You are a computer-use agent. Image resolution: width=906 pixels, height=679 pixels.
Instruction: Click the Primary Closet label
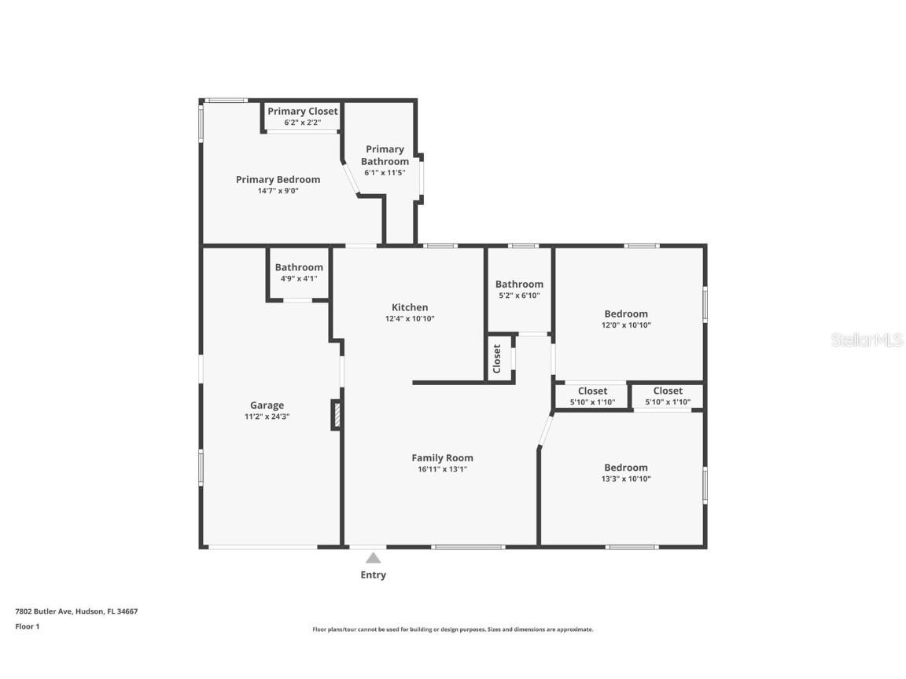tap(302, 112)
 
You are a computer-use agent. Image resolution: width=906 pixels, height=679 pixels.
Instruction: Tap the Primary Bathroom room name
tap(385, 155)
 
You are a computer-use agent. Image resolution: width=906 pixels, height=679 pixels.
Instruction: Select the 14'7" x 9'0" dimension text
tap(278, 190)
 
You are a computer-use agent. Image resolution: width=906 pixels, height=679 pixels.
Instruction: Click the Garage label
tap(267, 406)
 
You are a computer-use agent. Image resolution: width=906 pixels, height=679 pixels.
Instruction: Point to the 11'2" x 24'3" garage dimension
tap(267, 417)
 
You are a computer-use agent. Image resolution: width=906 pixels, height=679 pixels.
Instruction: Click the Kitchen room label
tap(410, 307)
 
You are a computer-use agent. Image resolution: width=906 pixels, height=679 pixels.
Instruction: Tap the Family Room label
tap(442, 458)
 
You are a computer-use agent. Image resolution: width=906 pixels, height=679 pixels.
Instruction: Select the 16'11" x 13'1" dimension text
tap(442, 469)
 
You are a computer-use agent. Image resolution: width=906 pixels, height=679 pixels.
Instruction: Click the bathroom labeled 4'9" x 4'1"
tap(298, 272)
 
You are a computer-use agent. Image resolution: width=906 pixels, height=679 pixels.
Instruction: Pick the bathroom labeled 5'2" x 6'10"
tap(519, 289)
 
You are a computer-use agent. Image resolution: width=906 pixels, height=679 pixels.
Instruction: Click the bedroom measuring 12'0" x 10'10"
tap(626, 318)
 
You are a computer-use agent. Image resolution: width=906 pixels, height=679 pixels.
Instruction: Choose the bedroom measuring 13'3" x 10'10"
tap(626, 472)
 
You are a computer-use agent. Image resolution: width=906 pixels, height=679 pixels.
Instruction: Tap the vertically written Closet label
tap(497, 359)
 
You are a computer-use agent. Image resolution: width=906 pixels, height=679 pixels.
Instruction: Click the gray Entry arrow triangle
tap(373, 558)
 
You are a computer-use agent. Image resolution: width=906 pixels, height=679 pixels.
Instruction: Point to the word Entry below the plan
tap(373, 575)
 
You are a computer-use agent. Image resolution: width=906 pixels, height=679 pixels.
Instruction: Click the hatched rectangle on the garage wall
tap(336, 415)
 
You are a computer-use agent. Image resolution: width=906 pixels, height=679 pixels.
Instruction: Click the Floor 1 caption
tap(27, 626)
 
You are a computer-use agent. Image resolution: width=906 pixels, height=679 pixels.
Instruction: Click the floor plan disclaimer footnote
tap(452, 629)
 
